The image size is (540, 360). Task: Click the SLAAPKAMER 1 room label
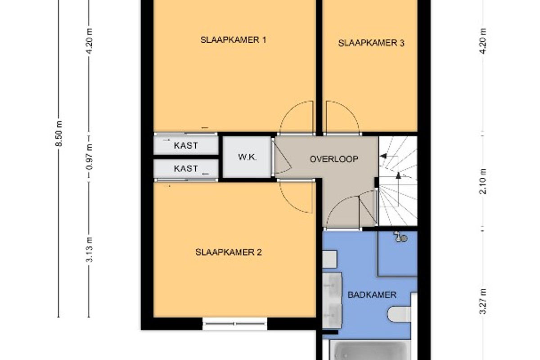234,40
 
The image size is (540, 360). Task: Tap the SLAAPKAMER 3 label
371,43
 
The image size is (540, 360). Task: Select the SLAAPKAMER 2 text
228,252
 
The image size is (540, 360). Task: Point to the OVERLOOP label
334,159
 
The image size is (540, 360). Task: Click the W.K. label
247,157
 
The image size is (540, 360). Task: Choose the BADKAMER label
372,295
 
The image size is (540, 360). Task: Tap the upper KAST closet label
186,146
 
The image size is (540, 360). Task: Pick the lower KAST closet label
186,169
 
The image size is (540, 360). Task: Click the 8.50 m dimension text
59,134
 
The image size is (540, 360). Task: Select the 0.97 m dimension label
90,157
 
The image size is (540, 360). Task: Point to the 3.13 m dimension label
90,249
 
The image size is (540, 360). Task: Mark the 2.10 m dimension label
483,181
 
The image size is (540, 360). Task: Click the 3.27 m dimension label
483,301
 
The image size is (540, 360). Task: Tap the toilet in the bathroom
400,315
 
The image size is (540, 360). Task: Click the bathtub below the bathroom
370,350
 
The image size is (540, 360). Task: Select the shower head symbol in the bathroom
400,237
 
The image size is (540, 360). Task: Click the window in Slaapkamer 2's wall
234,324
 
